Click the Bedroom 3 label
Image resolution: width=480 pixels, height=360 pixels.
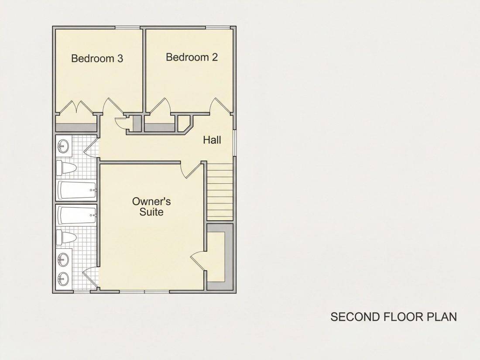click(97, 58)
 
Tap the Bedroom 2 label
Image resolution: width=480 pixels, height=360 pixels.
click(192, 57)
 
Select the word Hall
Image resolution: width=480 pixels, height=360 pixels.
click(212, 140)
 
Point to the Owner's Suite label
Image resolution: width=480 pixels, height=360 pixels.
click(151, 207)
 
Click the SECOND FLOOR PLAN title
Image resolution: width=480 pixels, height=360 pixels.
click(393, 317)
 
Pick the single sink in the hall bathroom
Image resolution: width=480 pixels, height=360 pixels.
click(63, 146)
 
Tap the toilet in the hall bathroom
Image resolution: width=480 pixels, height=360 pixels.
click(66, 168)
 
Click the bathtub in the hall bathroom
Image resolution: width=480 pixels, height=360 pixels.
click(77, 190)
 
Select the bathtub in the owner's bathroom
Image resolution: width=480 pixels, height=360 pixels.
click(77, 215)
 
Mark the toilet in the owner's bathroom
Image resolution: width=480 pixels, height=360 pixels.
click(66, 238)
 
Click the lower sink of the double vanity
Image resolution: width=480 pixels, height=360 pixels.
click(63, 278)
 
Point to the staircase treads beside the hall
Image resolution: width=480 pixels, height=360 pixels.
click(220, 192)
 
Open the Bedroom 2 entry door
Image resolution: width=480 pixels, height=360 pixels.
click(220, 106)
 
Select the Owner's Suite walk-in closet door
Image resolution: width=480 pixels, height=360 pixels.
click(197, 260)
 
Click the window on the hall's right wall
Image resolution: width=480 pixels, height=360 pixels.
click(234, 143)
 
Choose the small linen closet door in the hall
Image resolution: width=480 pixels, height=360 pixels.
click(120, 123)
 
